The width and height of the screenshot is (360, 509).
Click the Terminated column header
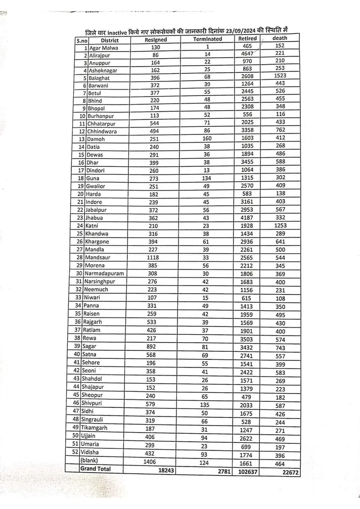(x=207, y=39)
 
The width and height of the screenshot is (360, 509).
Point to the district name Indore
(x=95, y=202)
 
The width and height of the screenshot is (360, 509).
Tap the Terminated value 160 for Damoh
(x=207, y=138)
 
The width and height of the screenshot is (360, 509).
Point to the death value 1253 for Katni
(x=281, y=225)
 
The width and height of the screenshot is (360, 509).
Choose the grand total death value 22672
(x=280, y=473)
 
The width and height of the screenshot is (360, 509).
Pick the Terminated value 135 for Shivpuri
(x=207, y=404)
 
